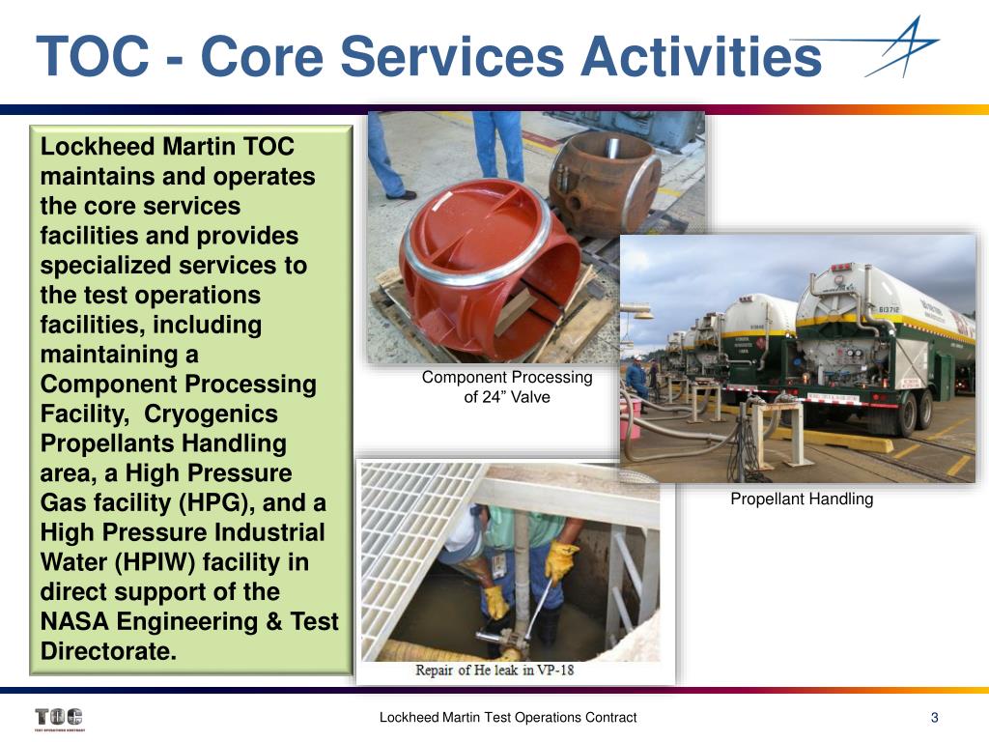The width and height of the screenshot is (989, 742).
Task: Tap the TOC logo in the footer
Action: (x=58, y=718)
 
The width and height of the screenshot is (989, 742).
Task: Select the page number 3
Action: (x=934, y=717)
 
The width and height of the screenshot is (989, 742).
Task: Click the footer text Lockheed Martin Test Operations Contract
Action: (x=507, y=717)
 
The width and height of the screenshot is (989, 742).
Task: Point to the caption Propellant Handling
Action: (x=801, y=499)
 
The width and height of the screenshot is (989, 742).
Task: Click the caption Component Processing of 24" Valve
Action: (x=506, y=386)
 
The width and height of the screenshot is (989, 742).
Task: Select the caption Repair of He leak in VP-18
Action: (x=494, y=670)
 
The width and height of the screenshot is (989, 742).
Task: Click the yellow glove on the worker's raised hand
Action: (x=561, y=558)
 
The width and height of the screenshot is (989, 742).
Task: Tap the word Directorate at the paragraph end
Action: (x=108, y=651)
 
